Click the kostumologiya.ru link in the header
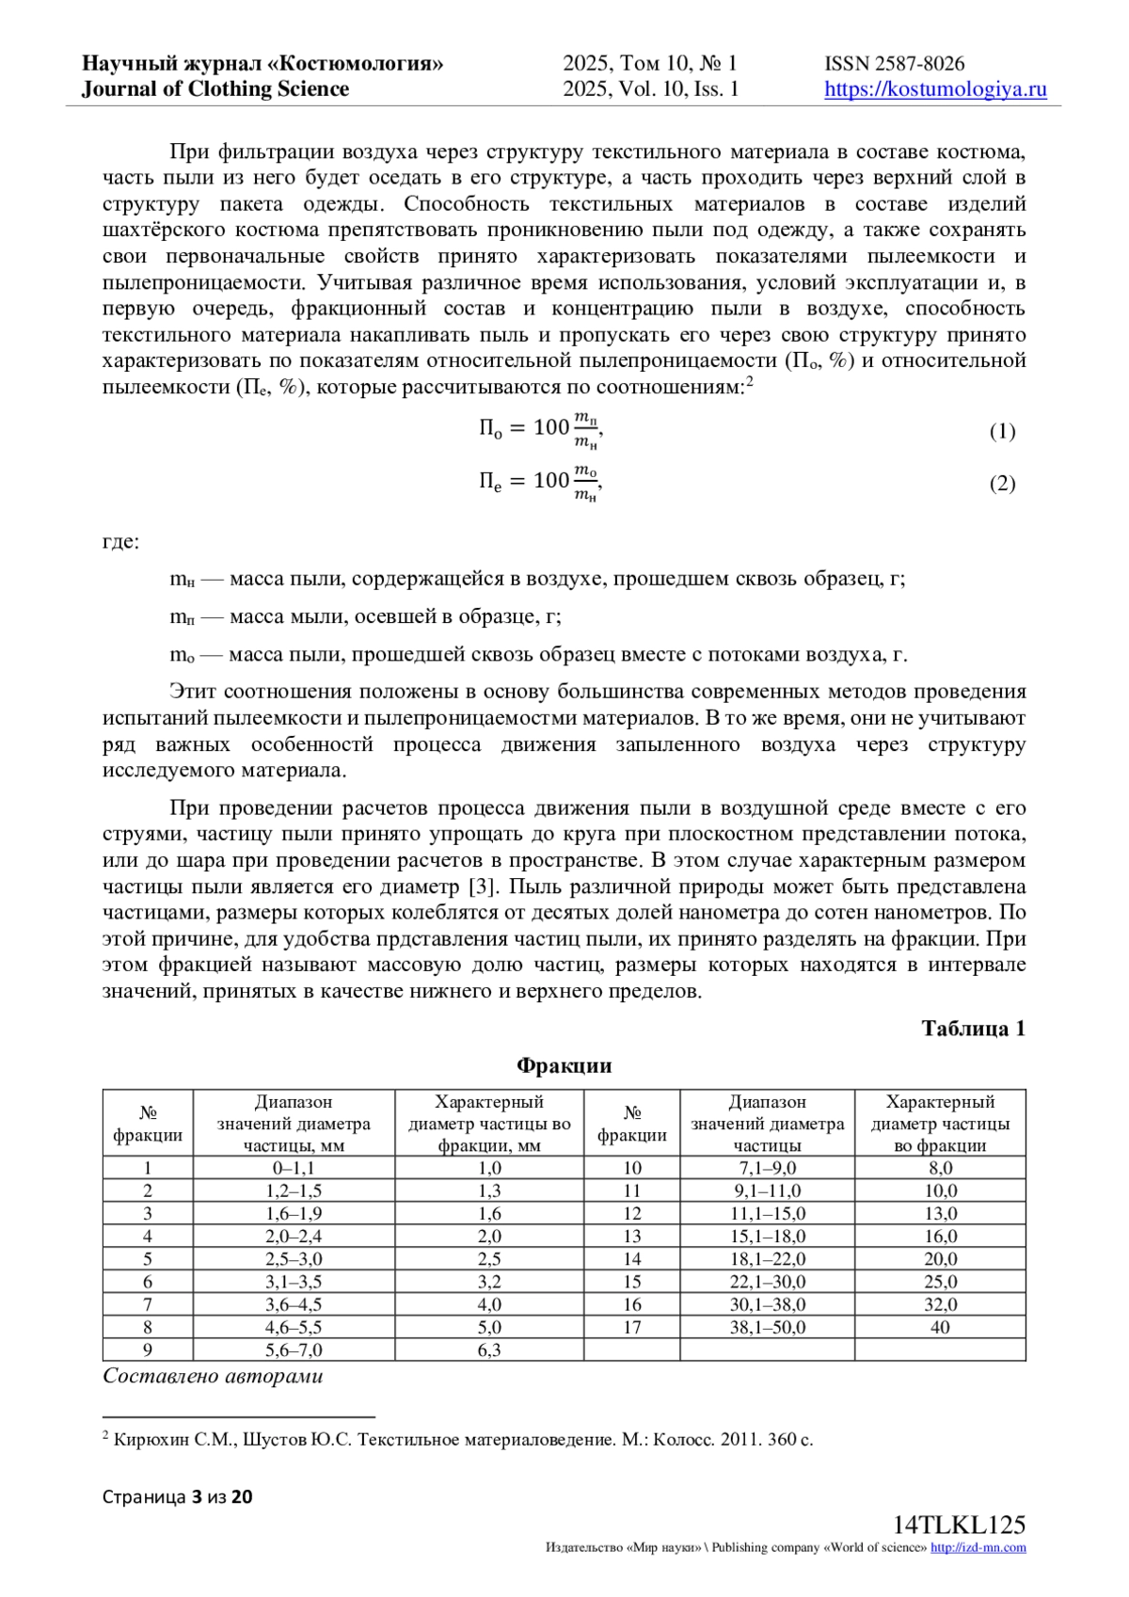935,89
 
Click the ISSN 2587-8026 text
894,64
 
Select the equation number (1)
1002,431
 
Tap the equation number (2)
1002,484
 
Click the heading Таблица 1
973,1028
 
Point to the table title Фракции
564,1065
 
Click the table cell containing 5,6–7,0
294,1349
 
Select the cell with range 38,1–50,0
767,1327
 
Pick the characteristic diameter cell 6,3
489,1349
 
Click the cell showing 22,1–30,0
767,1282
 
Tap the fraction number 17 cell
632,1327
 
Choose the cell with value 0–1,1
294,1168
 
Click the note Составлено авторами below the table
213,1376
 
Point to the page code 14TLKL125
959,1525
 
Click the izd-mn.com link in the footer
978,1547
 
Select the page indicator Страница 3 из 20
178,1496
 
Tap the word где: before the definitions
120,542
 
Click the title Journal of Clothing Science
215,89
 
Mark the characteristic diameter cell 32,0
940,1304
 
